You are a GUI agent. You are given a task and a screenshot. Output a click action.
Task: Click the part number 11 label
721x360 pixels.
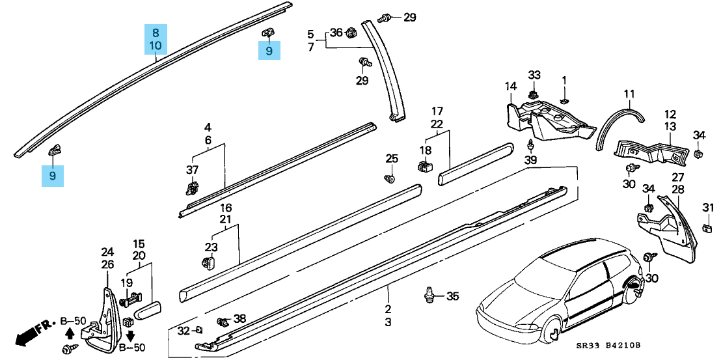[x=629, y=94]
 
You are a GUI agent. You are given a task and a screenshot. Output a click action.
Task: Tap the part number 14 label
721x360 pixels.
[x=510, y=86]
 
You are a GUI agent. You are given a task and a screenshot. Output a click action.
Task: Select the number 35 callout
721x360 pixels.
[x=452, y=296]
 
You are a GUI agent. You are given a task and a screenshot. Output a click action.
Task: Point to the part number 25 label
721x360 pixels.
[x=391, y=158]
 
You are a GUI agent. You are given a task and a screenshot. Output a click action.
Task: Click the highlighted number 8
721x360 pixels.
[x=156, y=33]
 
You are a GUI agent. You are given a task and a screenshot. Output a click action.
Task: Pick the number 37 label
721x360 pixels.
[x=192, y=170]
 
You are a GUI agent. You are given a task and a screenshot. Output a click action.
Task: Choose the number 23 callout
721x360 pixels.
[x=211, y=247]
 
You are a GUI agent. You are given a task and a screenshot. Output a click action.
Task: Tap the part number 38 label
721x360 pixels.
[x=239, y=318]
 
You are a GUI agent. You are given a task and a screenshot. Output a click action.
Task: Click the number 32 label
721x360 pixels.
[x=184, y=331]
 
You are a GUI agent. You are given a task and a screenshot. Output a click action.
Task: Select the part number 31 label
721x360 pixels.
[x=708, y=207]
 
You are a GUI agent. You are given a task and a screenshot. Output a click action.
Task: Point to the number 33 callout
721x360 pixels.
[x=534, y=75]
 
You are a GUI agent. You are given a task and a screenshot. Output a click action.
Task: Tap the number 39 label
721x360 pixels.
[x=531, y=161]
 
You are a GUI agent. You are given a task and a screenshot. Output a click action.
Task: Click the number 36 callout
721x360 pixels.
[x=336, y=32]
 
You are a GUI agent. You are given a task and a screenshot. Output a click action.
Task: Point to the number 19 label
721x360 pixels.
[x=127, y=283]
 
